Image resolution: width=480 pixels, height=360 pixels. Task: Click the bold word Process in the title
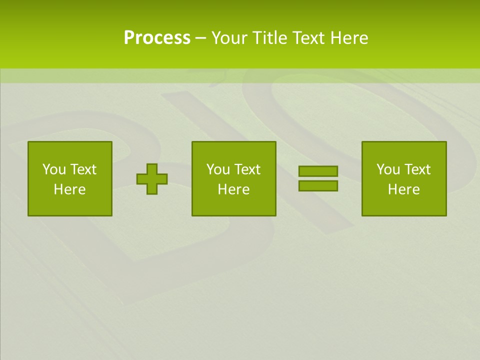coord(157,38)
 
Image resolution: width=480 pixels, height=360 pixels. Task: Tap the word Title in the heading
coord(268,38)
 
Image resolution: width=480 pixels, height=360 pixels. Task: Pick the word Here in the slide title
coord(349,38)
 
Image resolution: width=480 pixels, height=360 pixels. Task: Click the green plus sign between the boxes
coord(152,178)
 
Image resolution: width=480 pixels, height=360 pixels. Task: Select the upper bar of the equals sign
coord(318,171)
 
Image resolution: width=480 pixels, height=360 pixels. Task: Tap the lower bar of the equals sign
coord(318,185)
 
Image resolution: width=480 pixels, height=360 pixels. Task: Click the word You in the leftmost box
coord(54,169)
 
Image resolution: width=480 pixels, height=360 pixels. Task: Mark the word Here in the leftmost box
coord(70,189)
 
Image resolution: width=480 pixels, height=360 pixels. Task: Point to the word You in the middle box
coord(218,169)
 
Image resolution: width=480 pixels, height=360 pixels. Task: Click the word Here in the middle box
coord(234,189)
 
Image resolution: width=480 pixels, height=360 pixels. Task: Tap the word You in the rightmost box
coord(388,169)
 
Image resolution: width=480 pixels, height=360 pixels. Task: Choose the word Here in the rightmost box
coord(404,189)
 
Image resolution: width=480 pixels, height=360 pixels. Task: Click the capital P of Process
coord(129,38)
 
